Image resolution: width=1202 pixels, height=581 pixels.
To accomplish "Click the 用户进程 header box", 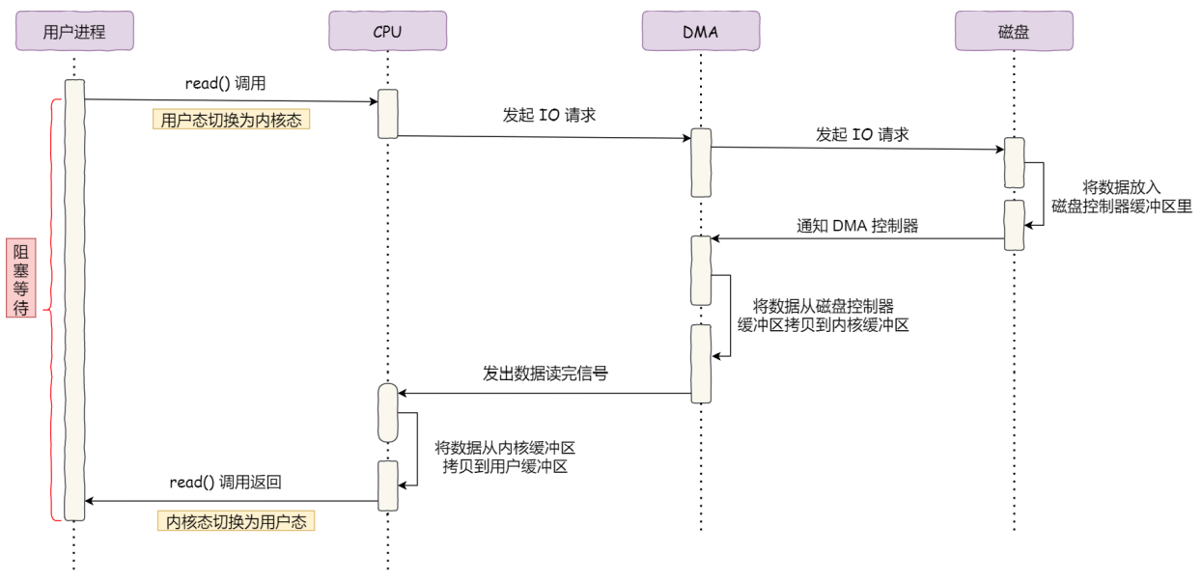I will pos(74,32).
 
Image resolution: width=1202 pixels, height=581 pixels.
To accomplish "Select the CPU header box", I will pos(387,32).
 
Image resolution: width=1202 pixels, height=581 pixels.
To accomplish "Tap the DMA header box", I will pos(701,32).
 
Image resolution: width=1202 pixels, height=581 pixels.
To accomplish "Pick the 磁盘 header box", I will pos(1014,32).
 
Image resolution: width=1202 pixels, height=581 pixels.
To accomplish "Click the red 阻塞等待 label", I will pos(19,280).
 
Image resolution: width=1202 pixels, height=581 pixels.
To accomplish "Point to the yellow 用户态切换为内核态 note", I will pos(231,121).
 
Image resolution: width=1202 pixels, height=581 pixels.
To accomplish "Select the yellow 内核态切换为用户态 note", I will pos(237,522).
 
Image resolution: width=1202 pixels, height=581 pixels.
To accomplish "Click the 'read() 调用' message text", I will pos(225,84).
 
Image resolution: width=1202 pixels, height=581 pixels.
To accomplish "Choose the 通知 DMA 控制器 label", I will pos(857,227).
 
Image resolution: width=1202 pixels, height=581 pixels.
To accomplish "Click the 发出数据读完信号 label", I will pos(545,373).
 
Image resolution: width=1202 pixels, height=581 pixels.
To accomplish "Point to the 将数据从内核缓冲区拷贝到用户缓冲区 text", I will pos(505,457).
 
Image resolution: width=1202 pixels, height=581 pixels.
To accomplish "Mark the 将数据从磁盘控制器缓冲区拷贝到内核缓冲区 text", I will pos(823,317).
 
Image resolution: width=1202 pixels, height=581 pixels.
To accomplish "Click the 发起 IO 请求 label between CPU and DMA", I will pos(549,115).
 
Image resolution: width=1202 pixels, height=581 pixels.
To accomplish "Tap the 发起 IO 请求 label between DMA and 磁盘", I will pos(862,134).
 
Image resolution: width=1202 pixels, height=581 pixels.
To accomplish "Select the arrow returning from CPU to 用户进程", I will pos(232,501).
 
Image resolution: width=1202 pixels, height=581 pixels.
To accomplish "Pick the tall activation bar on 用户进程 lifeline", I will pos(74,299).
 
